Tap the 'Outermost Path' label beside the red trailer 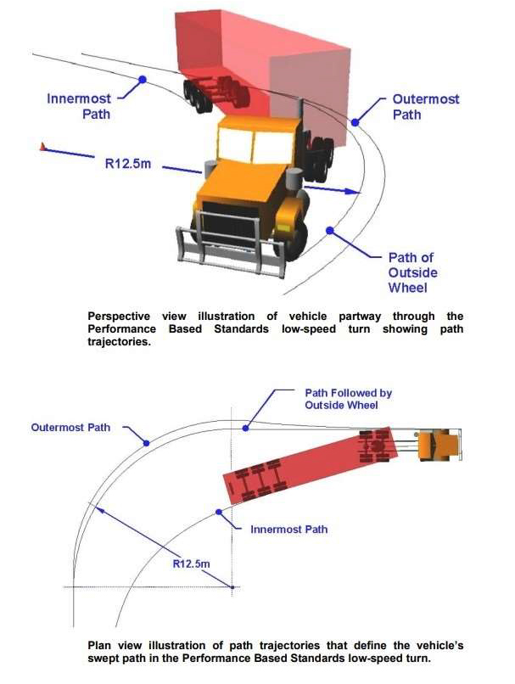click(x=425, y=106)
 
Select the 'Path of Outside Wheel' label click(x=412, y=272)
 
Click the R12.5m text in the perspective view click(x=127, y=162)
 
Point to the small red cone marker click(x=41, y=148)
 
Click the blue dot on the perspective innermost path click(x=143, y=80)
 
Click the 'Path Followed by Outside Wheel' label click(x=348, y=400)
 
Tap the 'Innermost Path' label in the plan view click(x=288, y=529)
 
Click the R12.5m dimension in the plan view click(x=192, y=563)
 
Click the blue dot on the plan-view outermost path click(x=146, y=442)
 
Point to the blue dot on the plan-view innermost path click(x=220, y=512)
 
